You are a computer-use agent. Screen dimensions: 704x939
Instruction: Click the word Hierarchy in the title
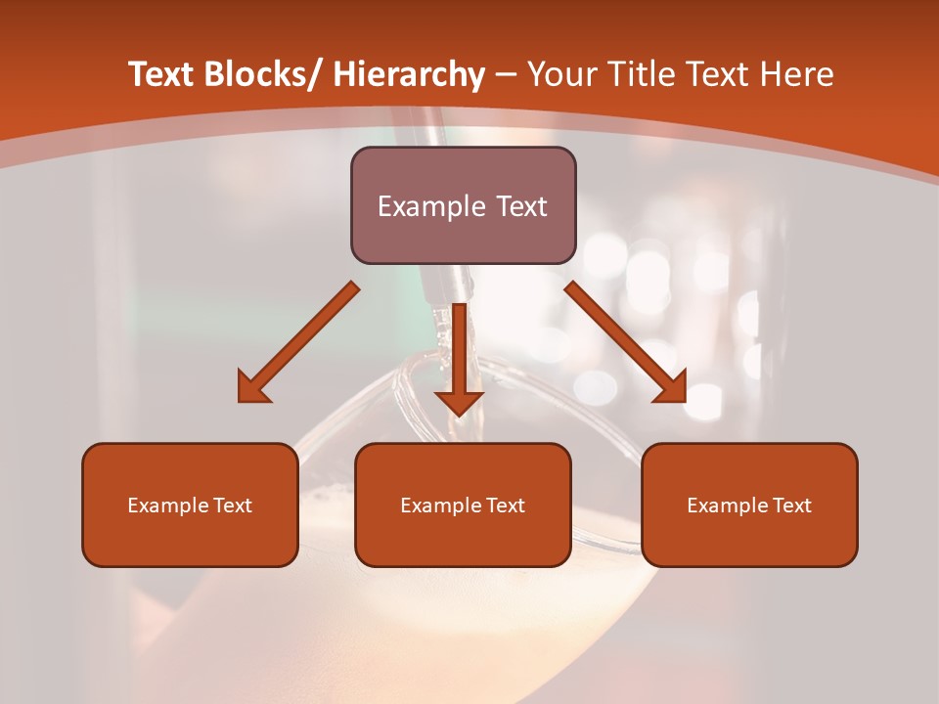[408, 74]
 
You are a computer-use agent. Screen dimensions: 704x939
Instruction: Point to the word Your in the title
[560, 74]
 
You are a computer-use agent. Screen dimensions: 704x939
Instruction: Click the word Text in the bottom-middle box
[505, 506]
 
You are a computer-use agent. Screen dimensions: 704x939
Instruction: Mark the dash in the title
[506, 75]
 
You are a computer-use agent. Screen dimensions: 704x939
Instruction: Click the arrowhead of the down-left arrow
[252, 389]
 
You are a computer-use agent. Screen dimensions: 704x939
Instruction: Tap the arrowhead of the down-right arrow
[672, 389]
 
